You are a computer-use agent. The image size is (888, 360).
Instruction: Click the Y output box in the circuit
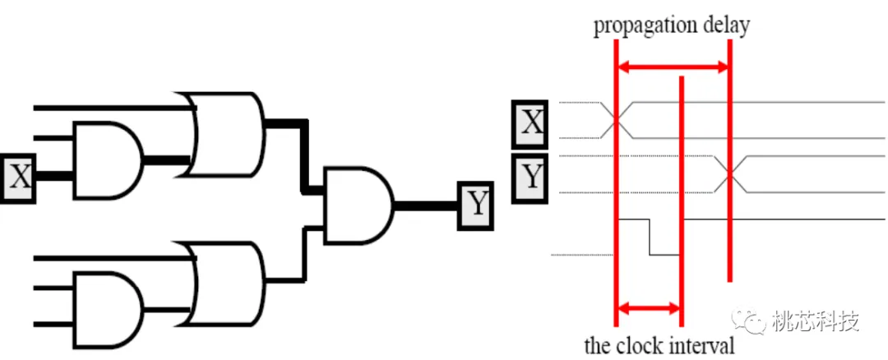click(x=475, y=205)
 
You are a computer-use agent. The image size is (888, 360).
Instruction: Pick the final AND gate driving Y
click(x=358, y=205)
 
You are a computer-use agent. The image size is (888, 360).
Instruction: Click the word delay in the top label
click(x=724, y=25)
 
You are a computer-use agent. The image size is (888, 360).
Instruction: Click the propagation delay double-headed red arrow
click(x=673, y=67)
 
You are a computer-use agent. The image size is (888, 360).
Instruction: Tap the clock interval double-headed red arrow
click(x=649, y=310)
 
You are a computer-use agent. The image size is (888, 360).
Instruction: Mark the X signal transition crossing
click(x=616, y=120)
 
